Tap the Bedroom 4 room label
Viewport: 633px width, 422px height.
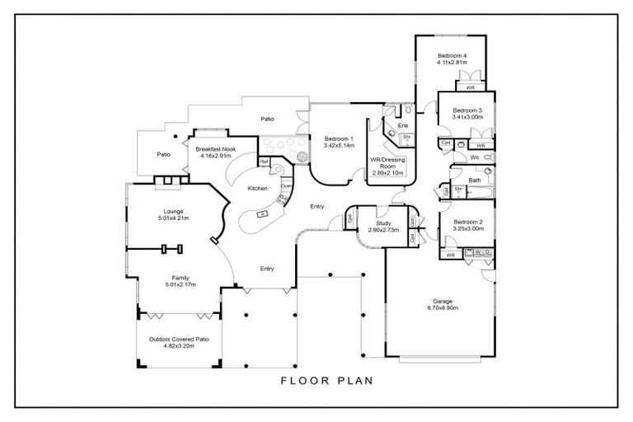tap(452, 56)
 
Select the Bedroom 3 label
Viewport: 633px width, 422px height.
tap(467, 110)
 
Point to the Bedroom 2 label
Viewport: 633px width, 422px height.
tap(467, 222)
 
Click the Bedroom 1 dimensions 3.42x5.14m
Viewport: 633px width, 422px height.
tap(339, 145)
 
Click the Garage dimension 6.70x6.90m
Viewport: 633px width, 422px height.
tap(442, 307)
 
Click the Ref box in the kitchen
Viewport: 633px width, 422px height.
tap(264, 162)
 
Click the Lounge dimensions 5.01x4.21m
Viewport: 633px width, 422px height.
tap(173, 218)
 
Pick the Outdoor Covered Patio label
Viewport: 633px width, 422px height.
tap(179, 340)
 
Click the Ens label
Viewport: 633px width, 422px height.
tap(403, 125)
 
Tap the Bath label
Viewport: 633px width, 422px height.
tap(475, 180)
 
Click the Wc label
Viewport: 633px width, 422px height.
tap(476, 157)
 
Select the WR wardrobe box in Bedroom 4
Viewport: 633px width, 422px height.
tap(470, 87)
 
